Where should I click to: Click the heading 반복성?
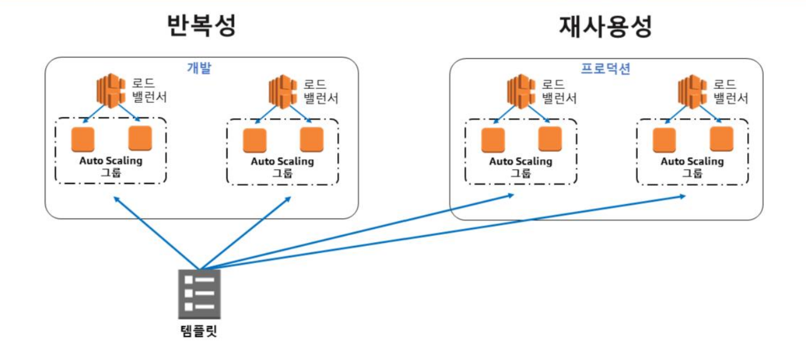pyautogui.click(x=202, y=26)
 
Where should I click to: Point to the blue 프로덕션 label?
pyautogui.click(x=605, y=68)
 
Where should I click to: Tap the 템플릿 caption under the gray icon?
pyautogui.click(x=199, y=331)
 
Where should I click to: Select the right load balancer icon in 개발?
pyautogui.click(x=283, y=91)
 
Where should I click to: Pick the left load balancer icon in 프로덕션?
pyautogui.click(x=521, y=91)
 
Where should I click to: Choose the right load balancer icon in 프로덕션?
pyautogui.click(x=692, y=91)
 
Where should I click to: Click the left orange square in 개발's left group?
pyautogui.click(x=82, y=139)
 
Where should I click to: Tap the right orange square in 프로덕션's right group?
pyautogui.click(x=721, y=139)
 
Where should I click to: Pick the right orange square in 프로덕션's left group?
pyautogui.click(x=550, y=139)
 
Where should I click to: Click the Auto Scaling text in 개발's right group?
pyautogui.click(x=282, y=161)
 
